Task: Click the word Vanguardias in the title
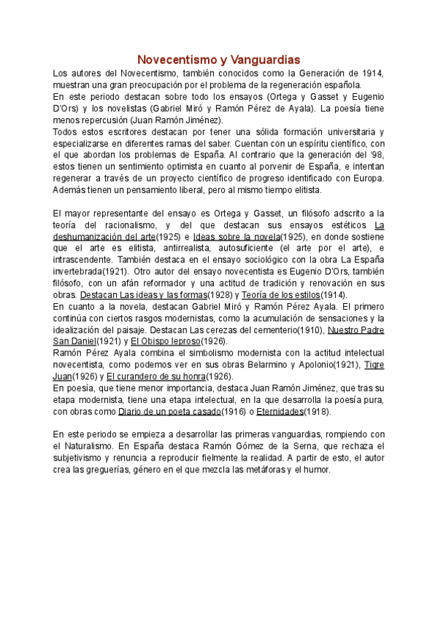tap(260, 60)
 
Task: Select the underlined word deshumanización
tap(92, 236)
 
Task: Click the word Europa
tap(366, 179)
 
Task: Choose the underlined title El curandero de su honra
tap(154, 377)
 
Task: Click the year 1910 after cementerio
tap(311, 330)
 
